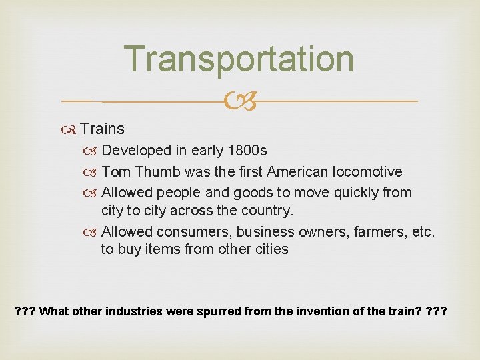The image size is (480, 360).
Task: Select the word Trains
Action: click(102, 129)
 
